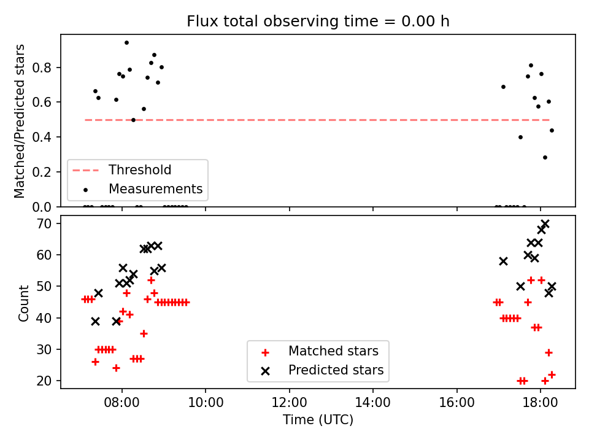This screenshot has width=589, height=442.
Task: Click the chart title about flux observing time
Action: click(318, 21)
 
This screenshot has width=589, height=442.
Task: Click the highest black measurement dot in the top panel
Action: click(126, 43)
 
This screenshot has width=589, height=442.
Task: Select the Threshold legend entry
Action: click(122, 170)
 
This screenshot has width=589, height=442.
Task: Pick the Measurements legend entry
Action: click(143, 188)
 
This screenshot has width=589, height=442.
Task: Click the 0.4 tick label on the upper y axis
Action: click(42, 137)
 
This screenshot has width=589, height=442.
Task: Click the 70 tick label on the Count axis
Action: click(44, 223)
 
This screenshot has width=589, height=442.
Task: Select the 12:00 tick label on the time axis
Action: click(289, 403)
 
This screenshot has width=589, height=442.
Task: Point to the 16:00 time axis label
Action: click(456, 403)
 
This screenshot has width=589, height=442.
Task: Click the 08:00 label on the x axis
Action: click(121, 403)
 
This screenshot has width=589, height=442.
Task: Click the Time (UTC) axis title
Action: click(318, 419)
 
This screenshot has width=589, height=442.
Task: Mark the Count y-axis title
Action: click(23, 303)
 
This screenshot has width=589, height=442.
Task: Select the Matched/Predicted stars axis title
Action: click(19, 121)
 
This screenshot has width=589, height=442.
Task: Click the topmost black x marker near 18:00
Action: click(545, 225)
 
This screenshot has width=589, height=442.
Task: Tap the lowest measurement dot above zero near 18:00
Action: click(545, 158)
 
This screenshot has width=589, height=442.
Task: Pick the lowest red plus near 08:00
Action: click(116, 368)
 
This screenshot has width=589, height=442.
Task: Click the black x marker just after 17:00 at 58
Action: click(503, 262)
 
